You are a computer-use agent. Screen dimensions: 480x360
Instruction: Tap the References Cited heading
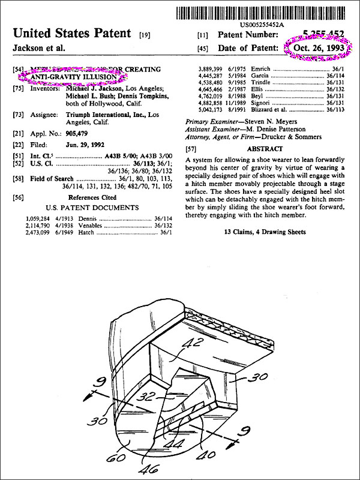(x=93, y=197)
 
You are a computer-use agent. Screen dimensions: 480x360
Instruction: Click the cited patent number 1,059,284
(x=38, y=217)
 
